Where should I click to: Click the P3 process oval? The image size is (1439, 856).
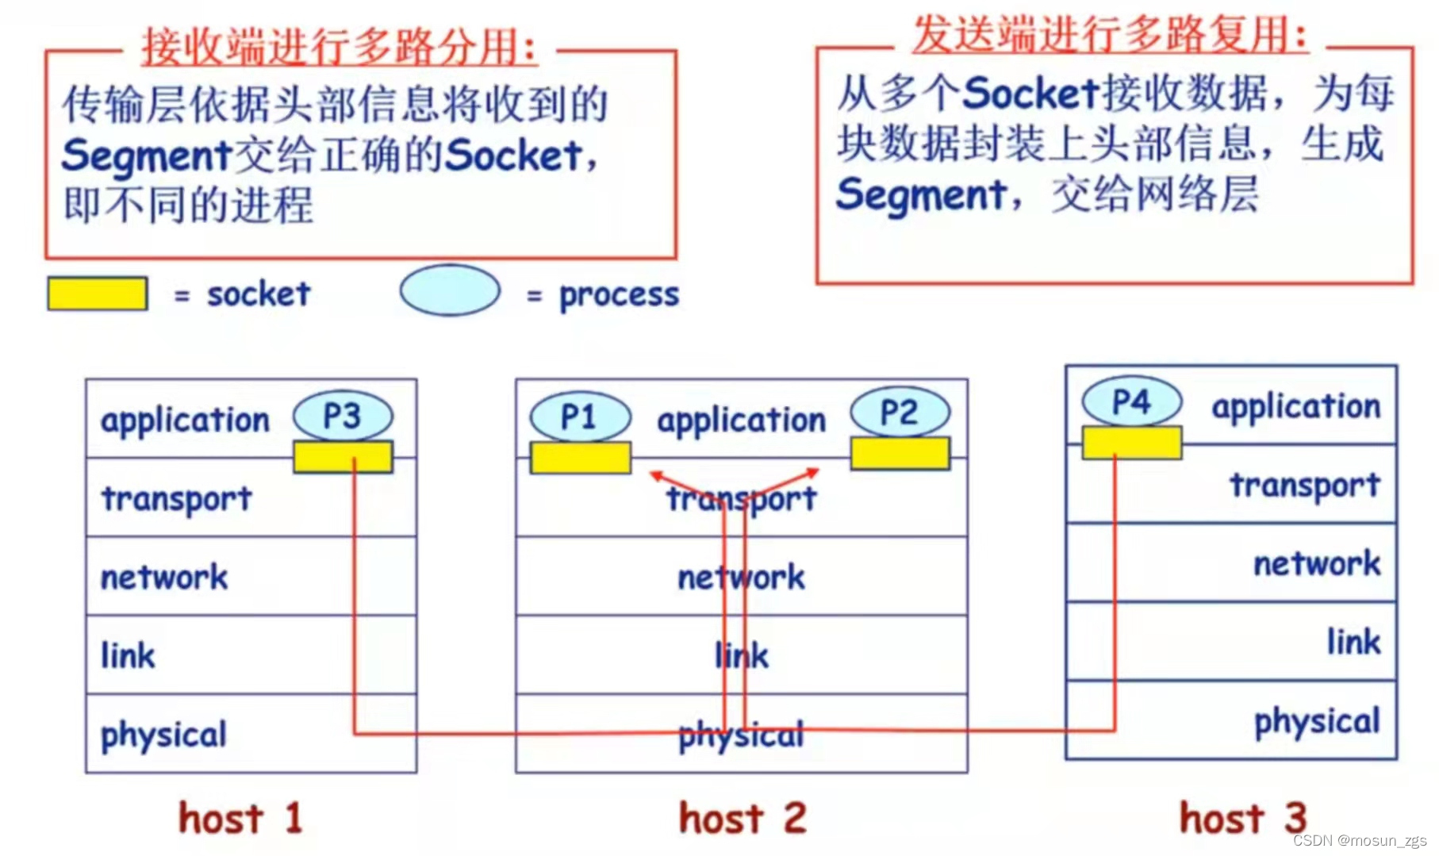(343, 416)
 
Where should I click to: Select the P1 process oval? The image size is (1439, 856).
(580, 416)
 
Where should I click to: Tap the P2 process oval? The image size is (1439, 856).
(900, 413)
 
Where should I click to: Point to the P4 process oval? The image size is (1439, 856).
(1131, 401)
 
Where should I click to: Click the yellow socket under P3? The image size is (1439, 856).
(343, 457)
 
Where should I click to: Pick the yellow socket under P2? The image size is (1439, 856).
(900, 453)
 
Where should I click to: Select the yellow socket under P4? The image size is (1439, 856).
(1131, 443)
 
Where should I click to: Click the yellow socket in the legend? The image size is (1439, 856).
(98, 294)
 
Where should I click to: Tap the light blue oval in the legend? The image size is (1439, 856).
(450, 290)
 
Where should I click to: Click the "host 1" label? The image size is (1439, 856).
(240, 818)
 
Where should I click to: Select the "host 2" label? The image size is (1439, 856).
(743, 818)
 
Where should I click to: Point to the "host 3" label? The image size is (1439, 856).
(1242, 818)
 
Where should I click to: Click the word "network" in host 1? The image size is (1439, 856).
(164, 577)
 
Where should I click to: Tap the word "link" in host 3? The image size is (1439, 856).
(1353, 642)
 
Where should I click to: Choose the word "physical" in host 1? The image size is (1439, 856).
(163, 735)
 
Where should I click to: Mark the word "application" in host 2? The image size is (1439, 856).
(741, 420)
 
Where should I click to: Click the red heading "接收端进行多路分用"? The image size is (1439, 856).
(340, 46)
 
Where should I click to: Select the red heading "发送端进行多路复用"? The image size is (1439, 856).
(1110, 34)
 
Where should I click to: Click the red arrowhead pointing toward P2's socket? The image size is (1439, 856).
(812, 473)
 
